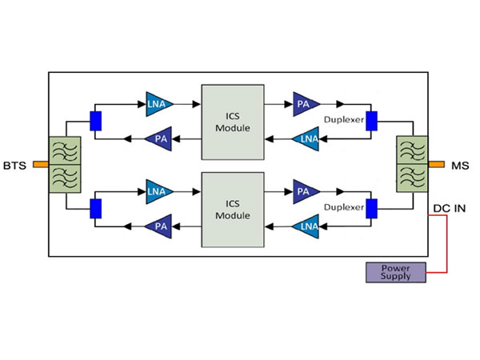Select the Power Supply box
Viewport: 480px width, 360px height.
point(395,272)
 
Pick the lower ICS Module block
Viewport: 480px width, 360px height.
point(233,209)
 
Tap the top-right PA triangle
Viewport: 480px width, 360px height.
point(304,102)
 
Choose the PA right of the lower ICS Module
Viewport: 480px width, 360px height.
point(304,191)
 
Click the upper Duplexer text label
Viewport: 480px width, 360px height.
point(344,121)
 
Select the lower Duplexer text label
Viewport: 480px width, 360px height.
point(344,209)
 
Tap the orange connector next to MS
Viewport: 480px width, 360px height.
point(436,166)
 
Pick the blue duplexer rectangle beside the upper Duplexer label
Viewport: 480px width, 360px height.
point(371,120)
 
